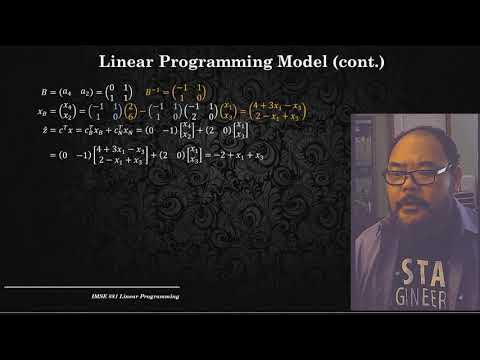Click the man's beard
click(410, 212)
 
